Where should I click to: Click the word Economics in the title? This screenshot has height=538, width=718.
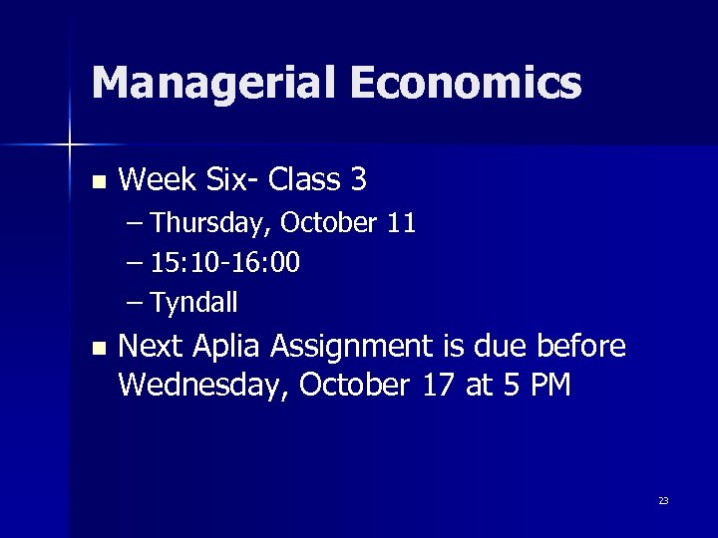point(465,83)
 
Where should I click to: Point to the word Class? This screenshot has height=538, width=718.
point(304,180)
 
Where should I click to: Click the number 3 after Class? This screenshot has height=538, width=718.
point(358,180)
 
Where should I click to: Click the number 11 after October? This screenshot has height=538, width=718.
point(401,223)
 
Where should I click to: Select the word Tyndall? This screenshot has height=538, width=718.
point(194,302)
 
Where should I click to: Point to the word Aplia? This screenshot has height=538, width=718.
point(228,348)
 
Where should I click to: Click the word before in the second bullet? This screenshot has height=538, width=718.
point(581,347)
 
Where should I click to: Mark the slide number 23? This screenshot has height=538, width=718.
point(663,500)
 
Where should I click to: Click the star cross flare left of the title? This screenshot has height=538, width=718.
point(69,145)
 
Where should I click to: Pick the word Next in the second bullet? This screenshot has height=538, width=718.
point(149,347)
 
